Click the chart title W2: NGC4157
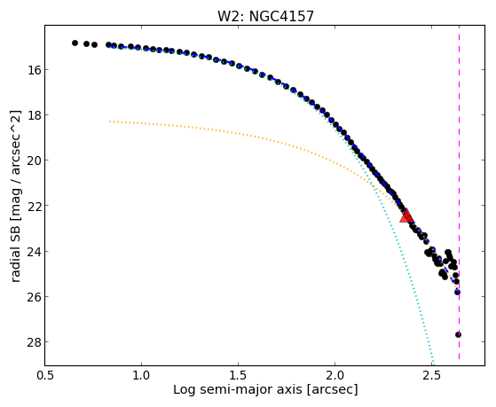pos(265,17)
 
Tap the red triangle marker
pos(406,216)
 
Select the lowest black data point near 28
pos(458,334)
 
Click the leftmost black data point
pos(75,43)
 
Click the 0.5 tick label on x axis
pos(45,375)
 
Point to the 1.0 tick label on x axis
pos(141,375)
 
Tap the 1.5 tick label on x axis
pos(238,375)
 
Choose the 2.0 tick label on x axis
pos(335,375)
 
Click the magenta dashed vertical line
pos(459,192)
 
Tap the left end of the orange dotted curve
pos(109,121)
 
